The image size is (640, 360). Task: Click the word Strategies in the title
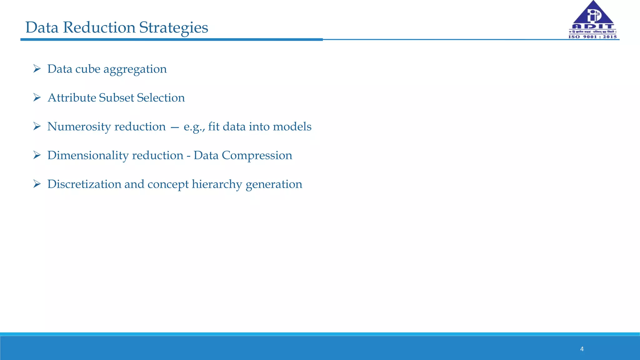coord(173,27)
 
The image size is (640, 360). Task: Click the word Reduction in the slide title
coord(99,27)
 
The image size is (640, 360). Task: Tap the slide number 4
coord(582,349)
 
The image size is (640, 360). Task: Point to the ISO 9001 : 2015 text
coord(592,37)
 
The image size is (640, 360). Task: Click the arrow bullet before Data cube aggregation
coord(37,68)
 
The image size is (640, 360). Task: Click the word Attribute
coord(72,98)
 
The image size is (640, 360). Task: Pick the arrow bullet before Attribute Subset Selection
coord(37,97)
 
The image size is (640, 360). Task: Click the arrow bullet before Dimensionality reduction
coord(37,155)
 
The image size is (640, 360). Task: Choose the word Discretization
coord(84,184)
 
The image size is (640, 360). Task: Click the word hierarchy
coord(217,184)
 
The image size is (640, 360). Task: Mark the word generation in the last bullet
coord(274,184)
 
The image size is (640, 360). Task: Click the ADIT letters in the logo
coord(592,26)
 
